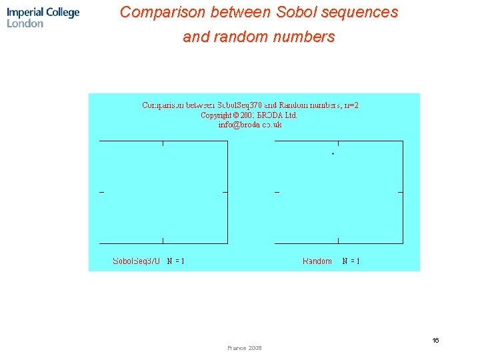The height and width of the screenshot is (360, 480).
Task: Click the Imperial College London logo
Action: tap(43, 17)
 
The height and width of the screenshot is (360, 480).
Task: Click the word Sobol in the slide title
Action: tap(293, 12)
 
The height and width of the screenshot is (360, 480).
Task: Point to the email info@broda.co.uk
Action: tap(250, 124)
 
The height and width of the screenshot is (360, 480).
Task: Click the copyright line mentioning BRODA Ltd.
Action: tap(249, 115)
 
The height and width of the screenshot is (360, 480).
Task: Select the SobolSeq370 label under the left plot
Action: tap(136, 261)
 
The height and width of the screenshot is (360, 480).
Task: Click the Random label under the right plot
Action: tap(317, 261)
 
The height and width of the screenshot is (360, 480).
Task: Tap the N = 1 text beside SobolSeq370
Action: tap(175, 261)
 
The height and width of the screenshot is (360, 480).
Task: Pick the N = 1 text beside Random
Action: tap(351, 261)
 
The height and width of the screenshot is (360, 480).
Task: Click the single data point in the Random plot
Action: tap(333, 154)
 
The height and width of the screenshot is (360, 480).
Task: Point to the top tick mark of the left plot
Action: tap(163, 143)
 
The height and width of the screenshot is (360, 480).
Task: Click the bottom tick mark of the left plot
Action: tap(163, 241)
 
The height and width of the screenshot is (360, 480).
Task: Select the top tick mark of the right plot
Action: tap(339, 143)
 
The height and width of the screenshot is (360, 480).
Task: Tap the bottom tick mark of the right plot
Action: tap(339, 241)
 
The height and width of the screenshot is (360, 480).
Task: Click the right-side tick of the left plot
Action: tap(225, 192)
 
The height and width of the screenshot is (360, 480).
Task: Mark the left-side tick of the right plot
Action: tap(277, 192)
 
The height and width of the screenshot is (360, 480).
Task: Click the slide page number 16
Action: tap(435, 341)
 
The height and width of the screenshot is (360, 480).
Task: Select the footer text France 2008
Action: tap(245, 348)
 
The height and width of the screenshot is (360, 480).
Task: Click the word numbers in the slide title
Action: tap(308, 37)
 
